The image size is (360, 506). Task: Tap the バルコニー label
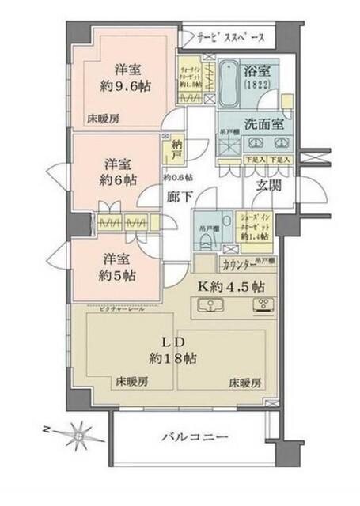(x=195, y=436)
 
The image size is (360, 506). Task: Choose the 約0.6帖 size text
(x=178, y=176)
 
